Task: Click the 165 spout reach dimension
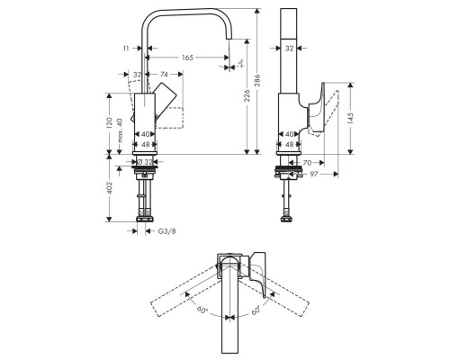tap(187, 58)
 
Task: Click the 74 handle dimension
tap(165, 76)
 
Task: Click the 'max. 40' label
tap(121, 126)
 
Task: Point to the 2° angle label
tap(240, 64)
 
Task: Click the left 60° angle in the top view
tap(202, 310)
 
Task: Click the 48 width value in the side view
tap(290, 144)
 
